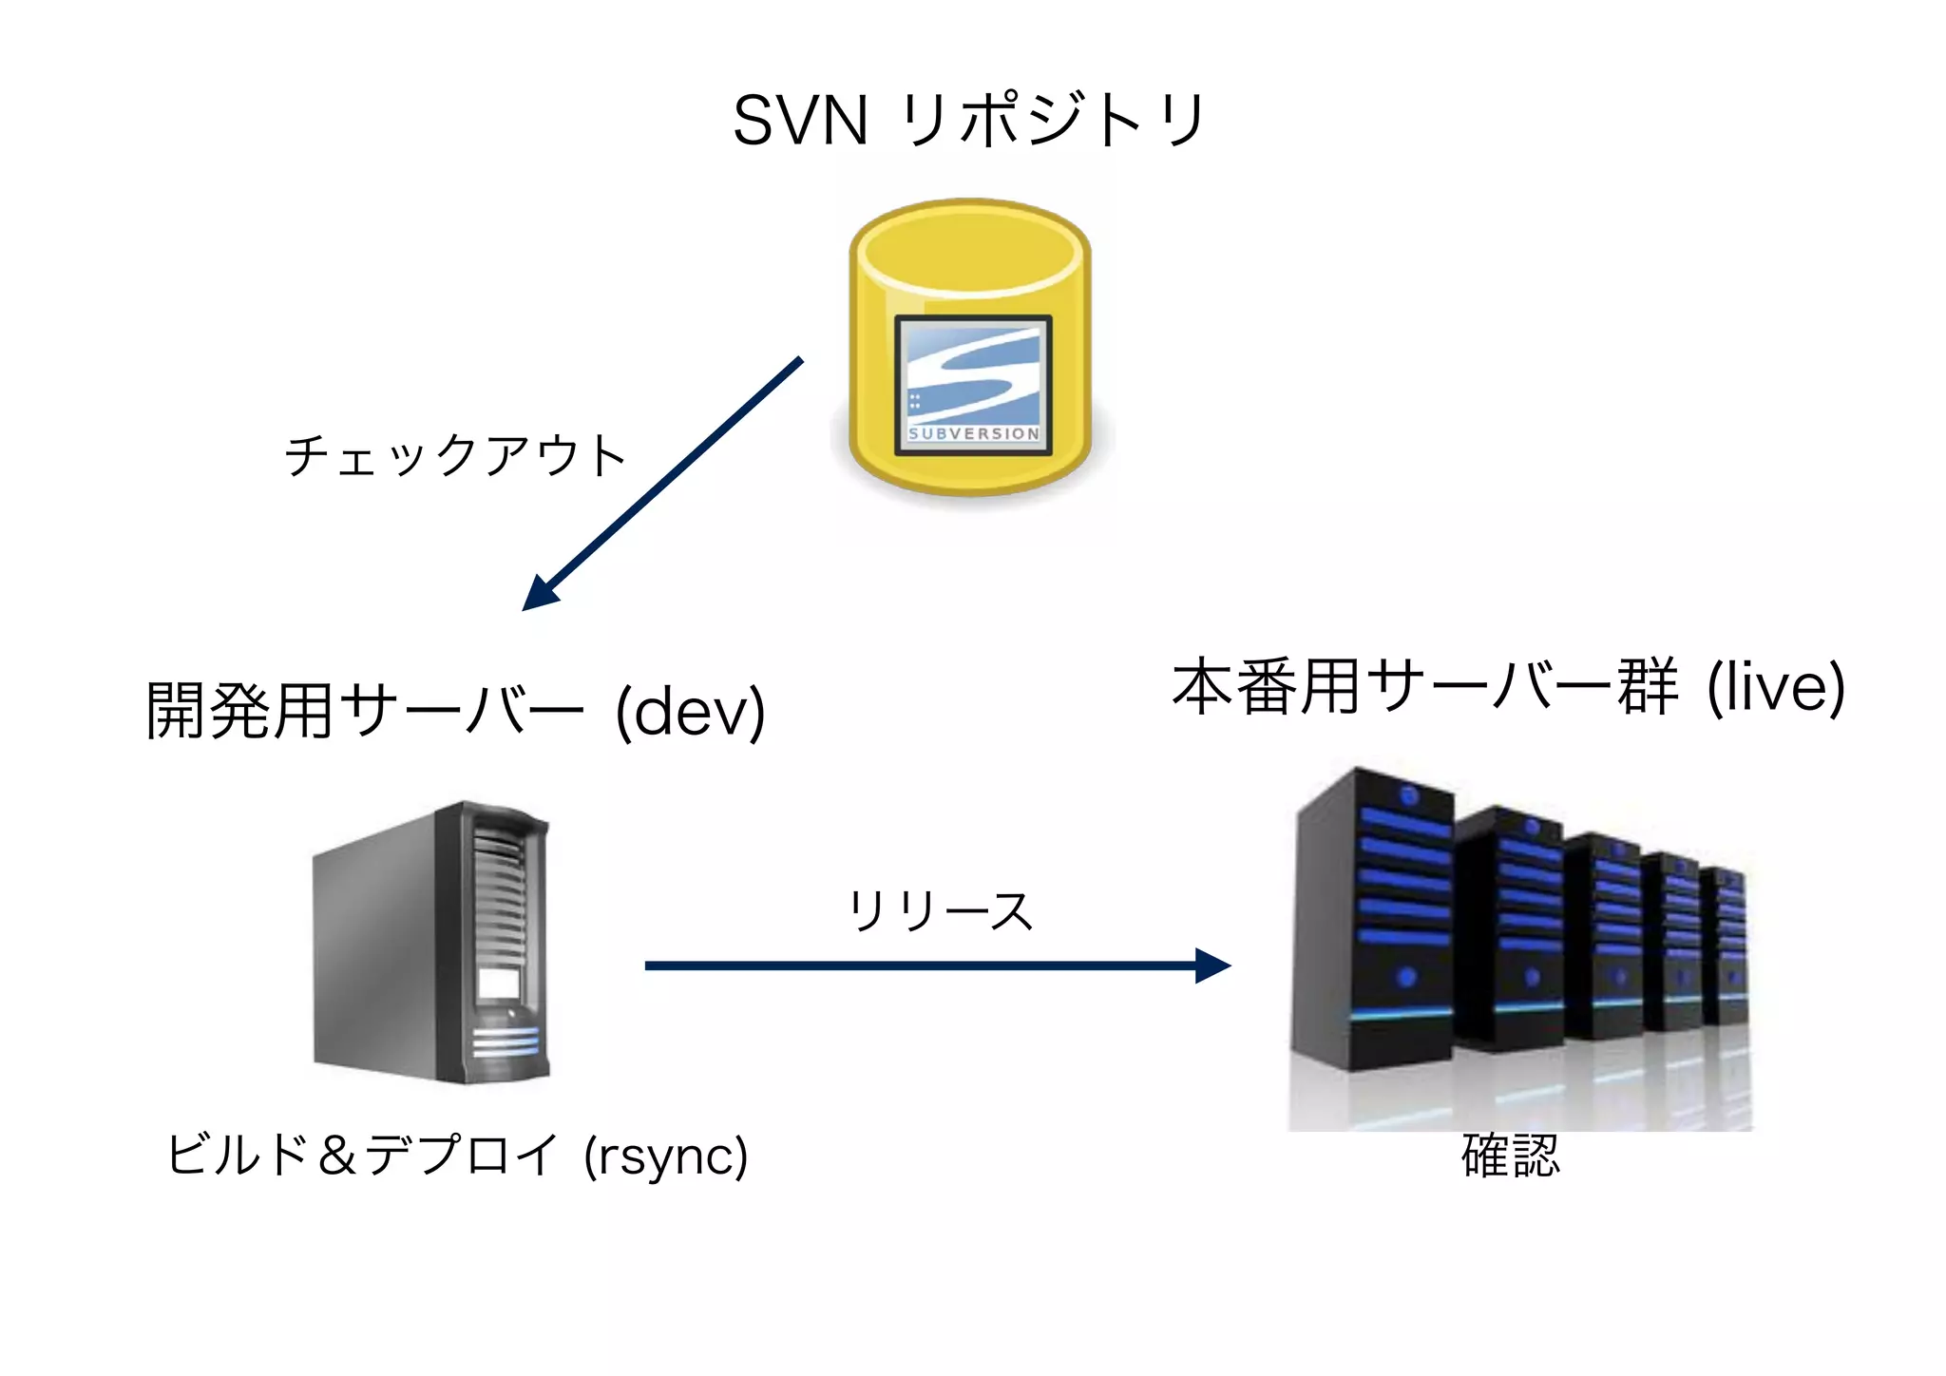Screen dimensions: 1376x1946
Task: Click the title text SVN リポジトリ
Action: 969,121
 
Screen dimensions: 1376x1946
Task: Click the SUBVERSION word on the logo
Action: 974,434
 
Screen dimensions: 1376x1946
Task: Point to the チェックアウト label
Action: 455,455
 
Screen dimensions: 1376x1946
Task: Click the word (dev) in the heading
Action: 691,711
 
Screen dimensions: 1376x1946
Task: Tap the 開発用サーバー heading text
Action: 364,711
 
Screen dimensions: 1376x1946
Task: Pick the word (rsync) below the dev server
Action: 666,1156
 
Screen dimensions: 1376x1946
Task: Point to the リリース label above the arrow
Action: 940,910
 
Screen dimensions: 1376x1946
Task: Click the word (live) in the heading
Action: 1776,686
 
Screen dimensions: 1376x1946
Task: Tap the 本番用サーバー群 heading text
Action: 1425,686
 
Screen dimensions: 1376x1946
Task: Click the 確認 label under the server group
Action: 1511,1156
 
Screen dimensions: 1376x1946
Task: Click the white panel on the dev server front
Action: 499,982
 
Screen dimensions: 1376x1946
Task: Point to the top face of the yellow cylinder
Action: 970,246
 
